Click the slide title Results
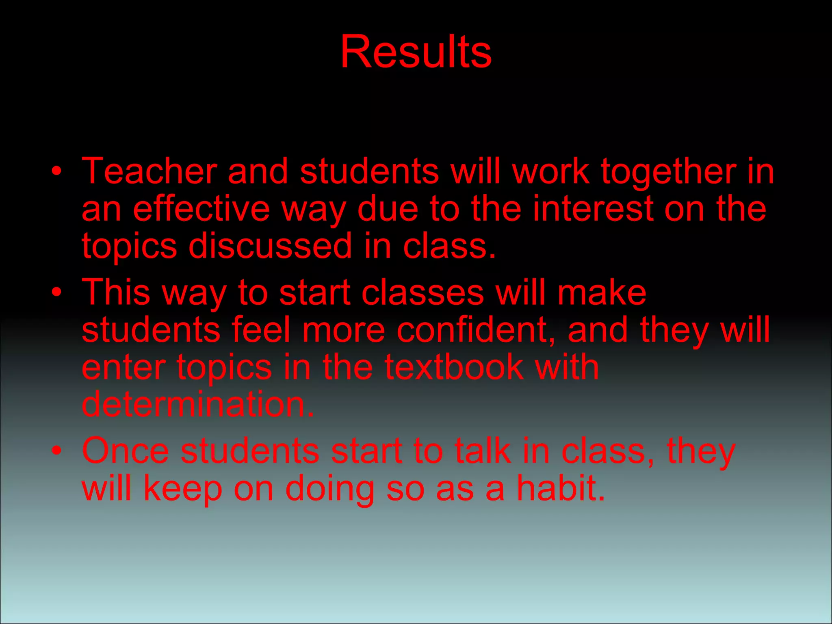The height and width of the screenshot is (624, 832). (416, 52)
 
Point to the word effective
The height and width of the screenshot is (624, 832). (201, 209)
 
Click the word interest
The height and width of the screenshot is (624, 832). (594, 209)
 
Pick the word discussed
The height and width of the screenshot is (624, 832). (270, 246)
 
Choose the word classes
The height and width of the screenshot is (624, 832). (423, 292)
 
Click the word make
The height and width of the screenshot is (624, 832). (602, 292)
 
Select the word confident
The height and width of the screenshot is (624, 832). (476, 330)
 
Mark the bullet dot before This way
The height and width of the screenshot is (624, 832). (57, 292)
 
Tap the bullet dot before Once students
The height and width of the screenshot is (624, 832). (57, 450)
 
